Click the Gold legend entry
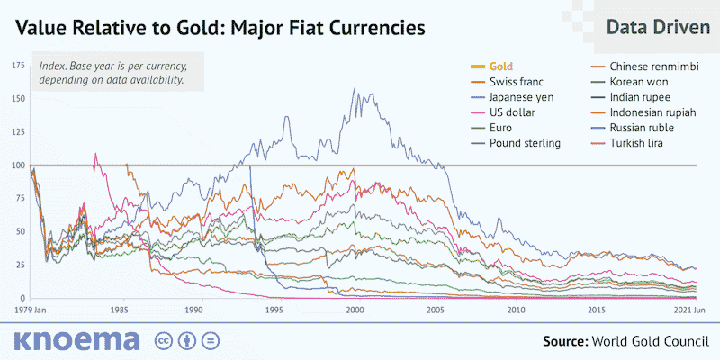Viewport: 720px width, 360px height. coord(500,67)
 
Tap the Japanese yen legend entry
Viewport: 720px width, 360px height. coord(521,97)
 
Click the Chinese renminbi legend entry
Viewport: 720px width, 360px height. coord(650,67)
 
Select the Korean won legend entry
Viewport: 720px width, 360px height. coord(639,82)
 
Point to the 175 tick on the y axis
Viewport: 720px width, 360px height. coord(17,66)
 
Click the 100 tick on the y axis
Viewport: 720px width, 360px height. coord(17,166)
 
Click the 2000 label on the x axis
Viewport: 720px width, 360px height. coord(355,310)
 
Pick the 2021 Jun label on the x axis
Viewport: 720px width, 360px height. coord(694,310)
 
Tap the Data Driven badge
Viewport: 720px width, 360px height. coord(657,28)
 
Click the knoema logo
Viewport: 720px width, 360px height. coord(76,340)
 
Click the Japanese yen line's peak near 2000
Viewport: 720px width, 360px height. coord(353,88)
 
